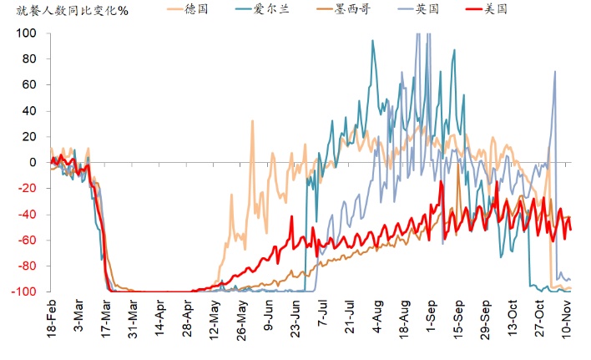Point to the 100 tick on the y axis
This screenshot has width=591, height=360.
point(27,33)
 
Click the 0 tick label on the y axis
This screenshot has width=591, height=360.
point(34,162)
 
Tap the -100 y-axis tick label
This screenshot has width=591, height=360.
point(25,292)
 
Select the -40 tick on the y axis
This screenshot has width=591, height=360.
point(28,214)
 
